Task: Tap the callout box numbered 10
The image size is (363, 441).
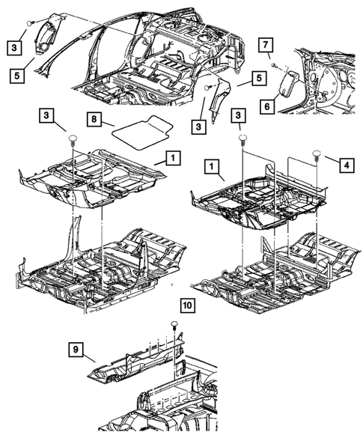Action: pos(187,306)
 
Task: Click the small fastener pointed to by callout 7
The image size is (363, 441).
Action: pos(275,67)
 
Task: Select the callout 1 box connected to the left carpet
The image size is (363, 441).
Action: pos(173,158)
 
